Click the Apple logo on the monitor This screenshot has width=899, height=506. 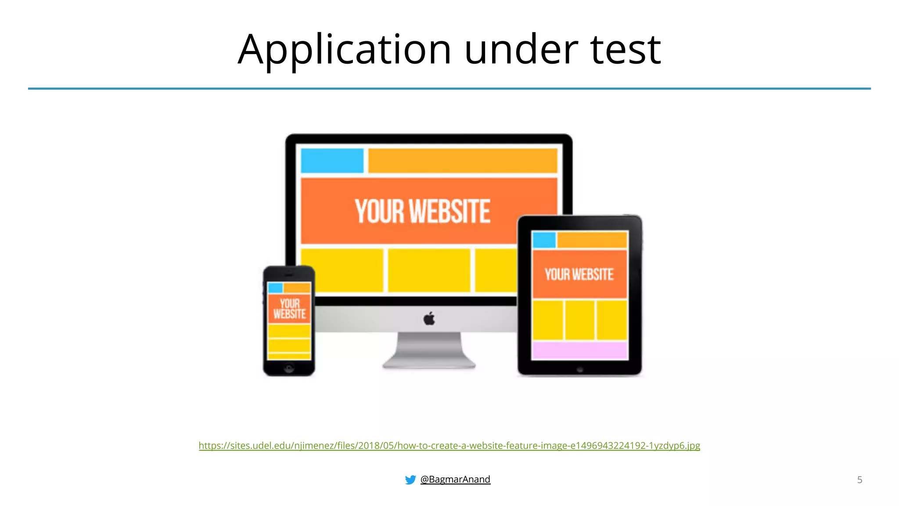coord(429,319)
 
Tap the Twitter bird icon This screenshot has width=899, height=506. coord(410,480)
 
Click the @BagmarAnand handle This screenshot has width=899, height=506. coord(455,479)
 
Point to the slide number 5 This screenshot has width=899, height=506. coord(859,480)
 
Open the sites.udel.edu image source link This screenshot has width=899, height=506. coord(449,445)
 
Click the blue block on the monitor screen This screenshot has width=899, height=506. coord(332,161)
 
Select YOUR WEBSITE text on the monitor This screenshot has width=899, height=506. coord(422,211)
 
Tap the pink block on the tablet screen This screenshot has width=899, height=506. coord(579,351)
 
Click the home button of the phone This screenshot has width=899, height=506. coord(289,368)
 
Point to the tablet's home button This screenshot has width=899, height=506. coord(579,369)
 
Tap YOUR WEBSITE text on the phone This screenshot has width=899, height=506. coord(289,309)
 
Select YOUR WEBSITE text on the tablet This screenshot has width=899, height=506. coord(579,275)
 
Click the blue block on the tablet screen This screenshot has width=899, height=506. coord(544,240)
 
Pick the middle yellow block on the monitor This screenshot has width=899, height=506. coord(429,270)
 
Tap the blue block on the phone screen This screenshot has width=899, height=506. coord(275,288)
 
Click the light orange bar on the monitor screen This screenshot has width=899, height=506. coord(463,161)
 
